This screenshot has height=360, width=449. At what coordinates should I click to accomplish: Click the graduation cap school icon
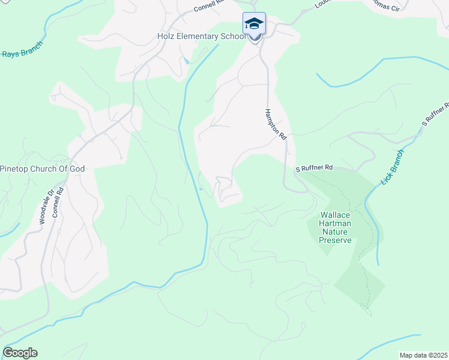254,23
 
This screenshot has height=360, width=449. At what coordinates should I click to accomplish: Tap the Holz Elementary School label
201,36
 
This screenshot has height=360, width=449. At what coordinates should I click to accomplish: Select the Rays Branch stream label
20,53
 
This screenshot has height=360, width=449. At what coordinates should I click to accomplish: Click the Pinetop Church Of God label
43,169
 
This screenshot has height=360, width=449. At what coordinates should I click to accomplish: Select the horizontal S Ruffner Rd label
313,170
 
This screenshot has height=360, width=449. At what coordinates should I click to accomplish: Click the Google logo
20,353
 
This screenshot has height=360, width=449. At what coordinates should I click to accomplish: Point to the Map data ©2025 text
423,355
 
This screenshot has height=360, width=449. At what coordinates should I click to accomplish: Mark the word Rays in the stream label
10,53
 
